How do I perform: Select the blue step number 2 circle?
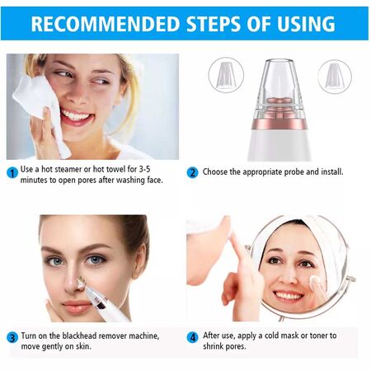[x=193, y=173]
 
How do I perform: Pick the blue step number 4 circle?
[x=193, y=338]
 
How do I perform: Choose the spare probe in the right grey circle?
[x=334, y=74]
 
